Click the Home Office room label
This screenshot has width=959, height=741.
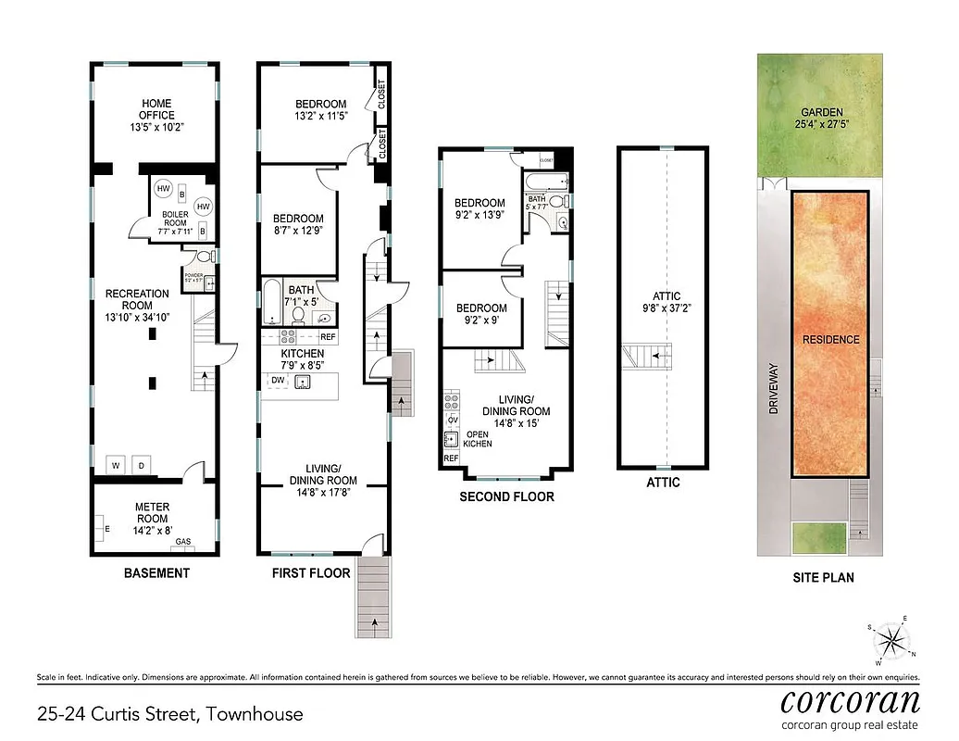point(156,116)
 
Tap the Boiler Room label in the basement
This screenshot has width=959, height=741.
point(177,220)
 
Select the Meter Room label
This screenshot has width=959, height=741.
point(153,512)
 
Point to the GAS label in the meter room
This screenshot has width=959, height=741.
point(184,542)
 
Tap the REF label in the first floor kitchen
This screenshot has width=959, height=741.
point(328,337)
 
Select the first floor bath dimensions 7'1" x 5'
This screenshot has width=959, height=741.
point(302,301)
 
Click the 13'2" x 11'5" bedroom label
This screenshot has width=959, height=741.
point(320,110)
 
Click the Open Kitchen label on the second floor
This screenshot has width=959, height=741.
point(478,439)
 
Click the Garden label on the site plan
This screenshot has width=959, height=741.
point(822,118)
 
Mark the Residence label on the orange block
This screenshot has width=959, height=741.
point(829,340)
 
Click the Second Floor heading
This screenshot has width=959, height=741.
point(506,497)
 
